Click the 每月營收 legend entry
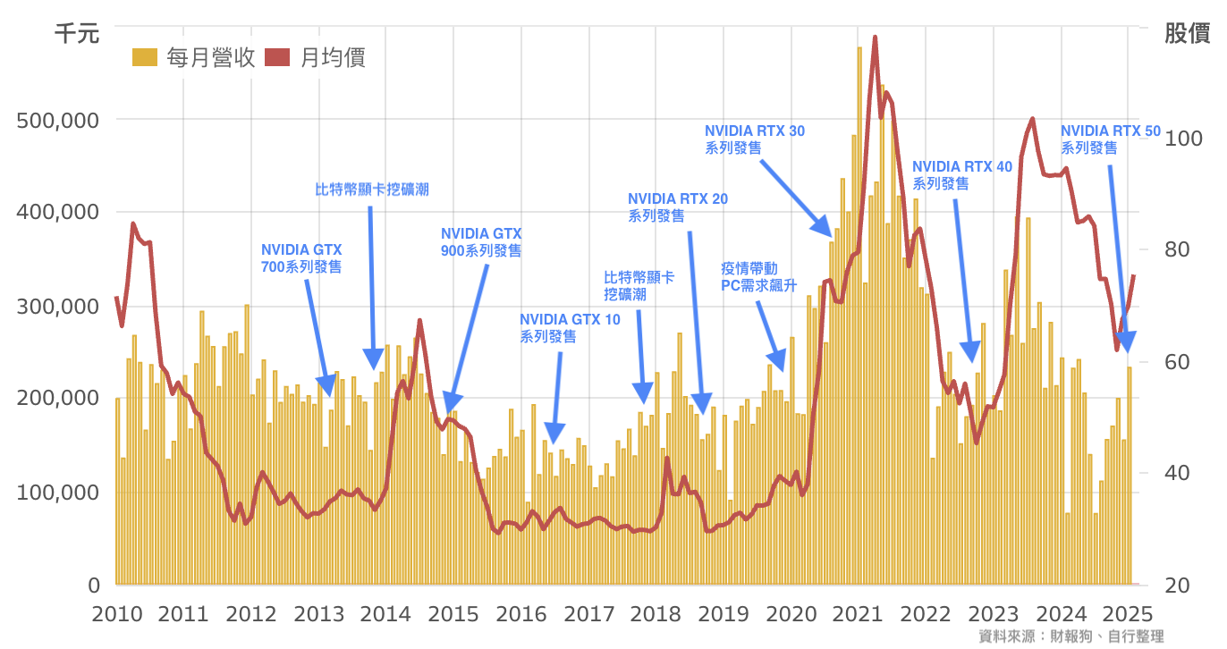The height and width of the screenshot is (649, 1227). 194,58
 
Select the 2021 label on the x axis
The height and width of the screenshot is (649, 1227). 859,614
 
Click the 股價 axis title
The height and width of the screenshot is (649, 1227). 1187,34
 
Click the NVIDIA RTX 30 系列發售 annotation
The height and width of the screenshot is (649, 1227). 754,139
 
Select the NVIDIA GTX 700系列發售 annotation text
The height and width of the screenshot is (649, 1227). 301,258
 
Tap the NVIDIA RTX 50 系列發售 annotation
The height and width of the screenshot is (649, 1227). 1110,139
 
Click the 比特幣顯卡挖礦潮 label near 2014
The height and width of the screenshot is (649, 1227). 372,190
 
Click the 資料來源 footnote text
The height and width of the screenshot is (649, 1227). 1071,636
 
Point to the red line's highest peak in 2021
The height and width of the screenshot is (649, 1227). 875,38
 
